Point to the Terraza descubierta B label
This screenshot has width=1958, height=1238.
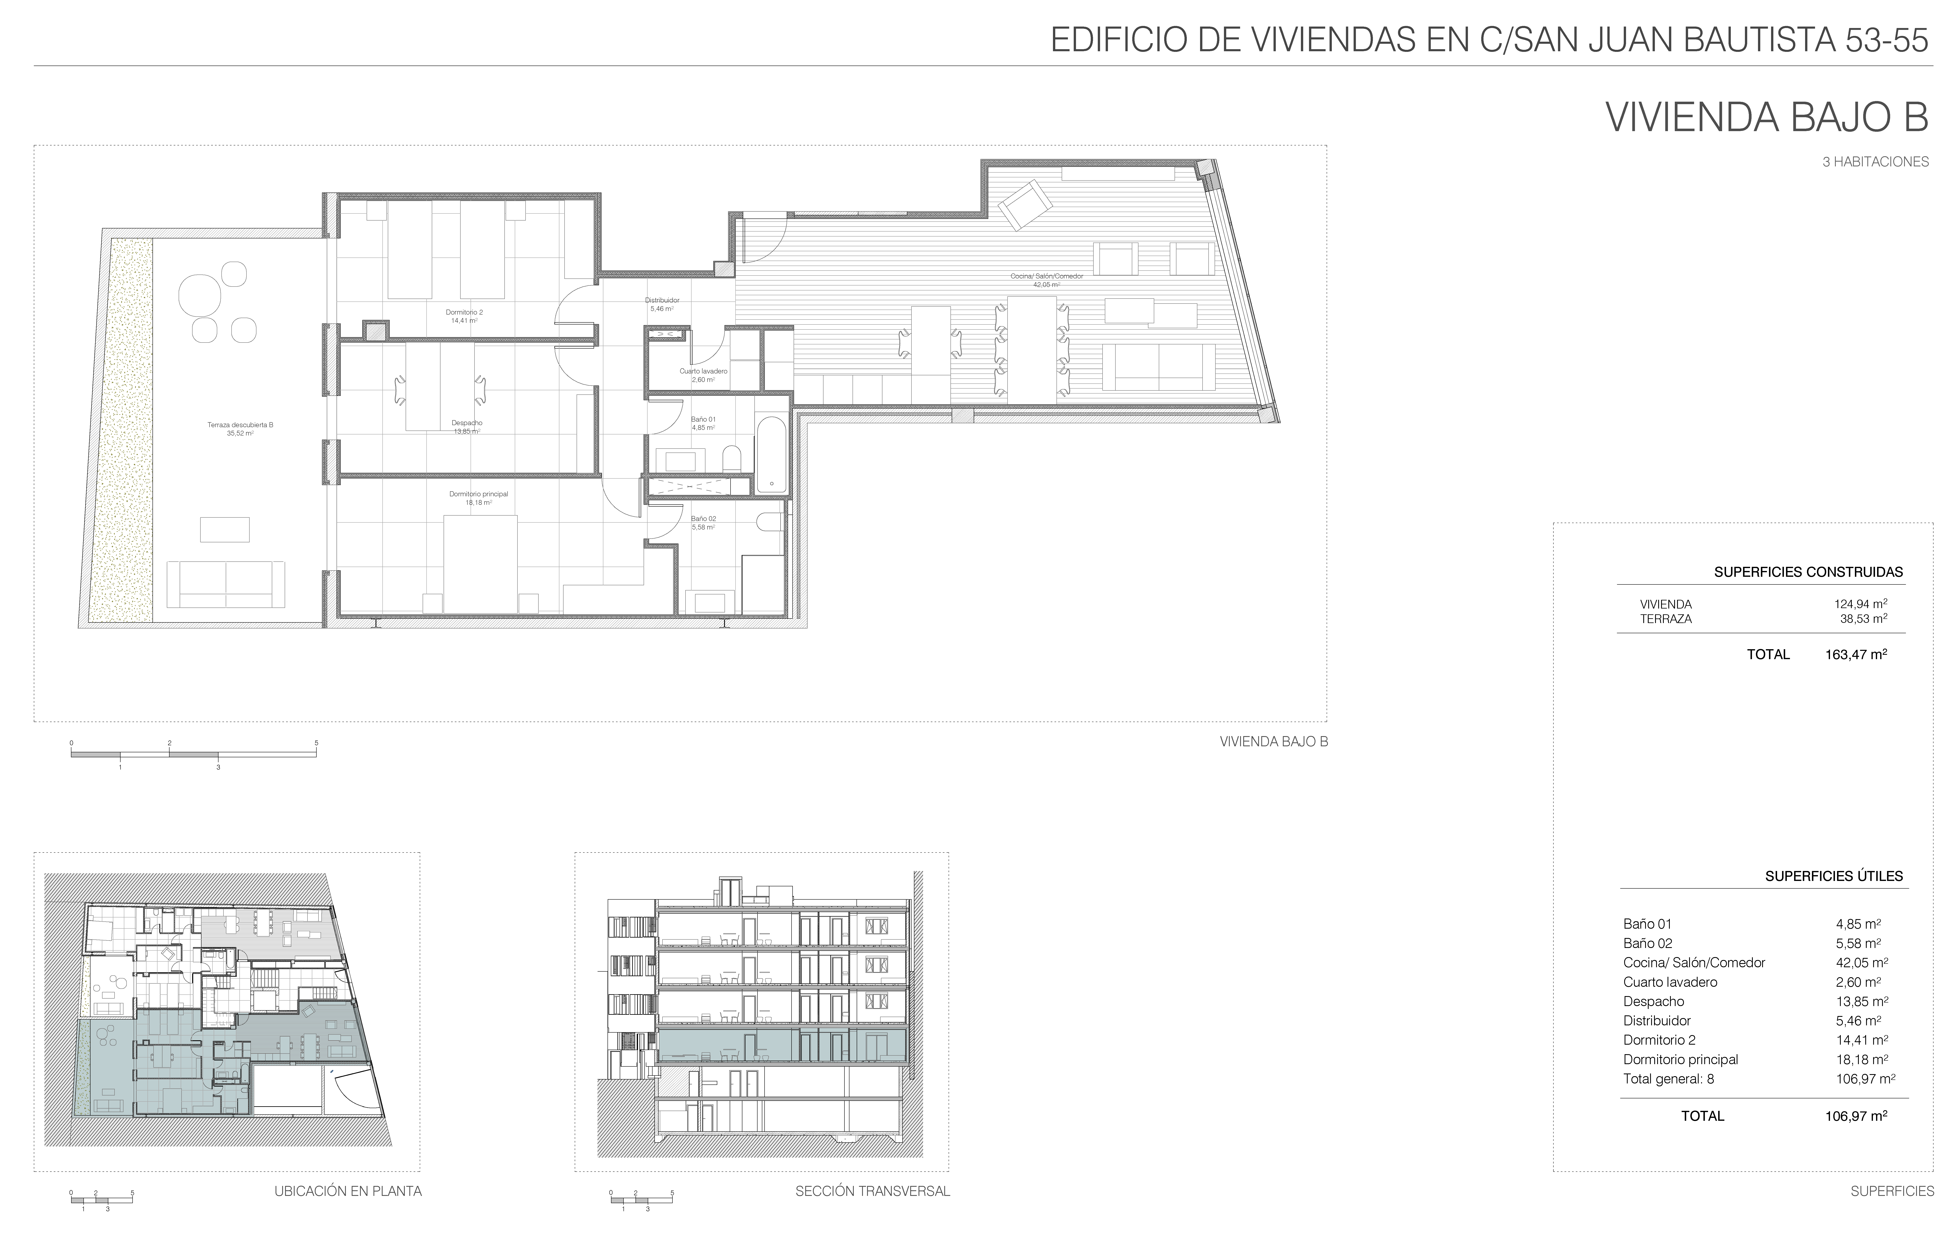(x=241, y=424)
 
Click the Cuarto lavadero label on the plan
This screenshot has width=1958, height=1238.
(x=703, y=371)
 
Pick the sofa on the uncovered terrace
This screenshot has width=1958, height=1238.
(x=226, y=584)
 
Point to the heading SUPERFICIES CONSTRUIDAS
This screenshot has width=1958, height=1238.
(x=1808, y=572)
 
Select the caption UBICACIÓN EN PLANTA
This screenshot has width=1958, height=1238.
(x=348, y=1192)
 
